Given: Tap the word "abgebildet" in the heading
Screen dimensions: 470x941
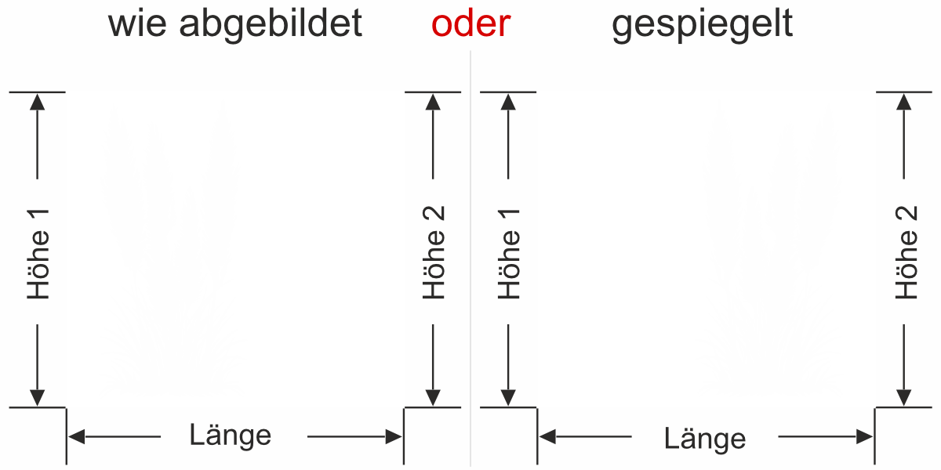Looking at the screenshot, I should (271, 24).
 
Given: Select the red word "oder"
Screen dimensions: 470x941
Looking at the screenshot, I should (470, 24).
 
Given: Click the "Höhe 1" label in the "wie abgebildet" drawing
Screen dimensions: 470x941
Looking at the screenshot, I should (38, 253).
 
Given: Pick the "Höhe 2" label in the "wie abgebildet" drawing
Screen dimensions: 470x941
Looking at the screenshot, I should (433, 253).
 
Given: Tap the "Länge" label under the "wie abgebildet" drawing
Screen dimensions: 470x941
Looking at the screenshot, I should (231, 435).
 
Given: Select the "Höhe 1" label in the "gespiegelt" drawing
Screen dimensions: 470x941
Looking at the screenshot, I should (509, 253).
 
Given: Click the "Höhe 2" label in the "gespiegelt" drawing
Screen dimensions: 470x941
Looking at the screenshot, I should (906, 253).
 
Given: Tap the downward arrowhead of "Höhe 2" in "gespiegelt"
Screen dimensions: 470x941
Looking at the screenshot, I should (905, 398).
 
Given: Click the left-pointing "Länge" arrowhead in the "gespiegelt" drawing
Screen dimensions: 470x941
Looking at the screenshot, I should (547, 437).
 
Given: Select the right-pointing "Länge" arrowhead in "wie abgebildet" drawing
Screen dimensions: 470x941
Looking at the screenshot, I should (394, 437).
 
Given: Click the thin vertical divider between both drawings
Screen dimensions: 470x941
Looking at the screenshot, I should (470, 258).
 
